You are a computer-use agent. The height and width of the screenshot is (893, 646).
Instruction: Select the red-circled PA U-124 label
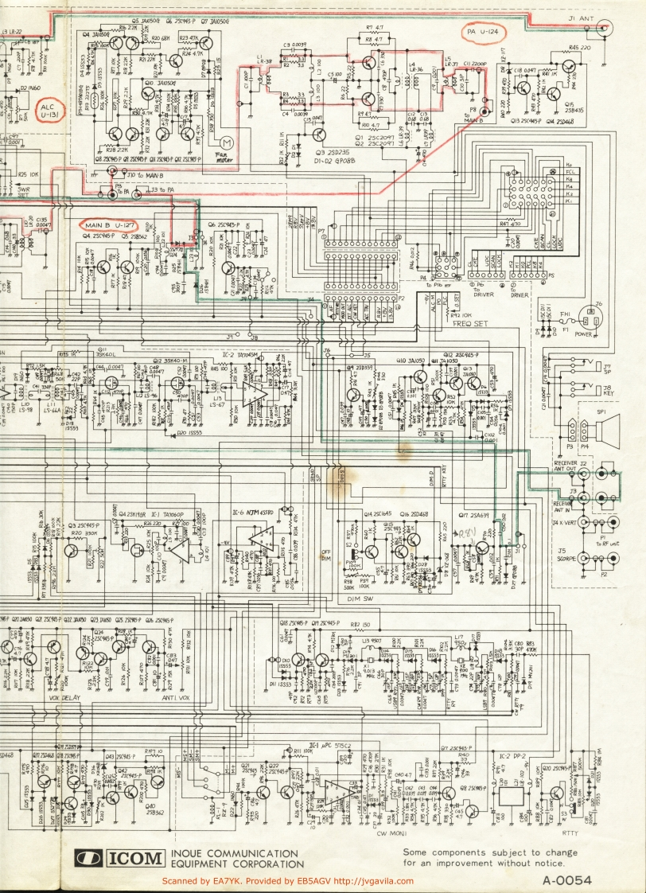(484, 32)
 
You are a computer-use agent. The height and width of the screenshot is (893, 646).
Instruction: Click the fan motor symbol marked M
(229, 142)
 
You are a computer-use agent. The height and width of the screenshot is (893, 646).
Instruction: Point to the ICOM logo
(119, 858)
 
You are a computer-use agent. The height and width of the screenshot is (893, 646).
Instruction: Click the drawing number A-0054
(569, 880)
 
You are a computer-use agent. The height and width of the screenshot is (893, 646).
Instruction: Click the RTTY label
(569, 833)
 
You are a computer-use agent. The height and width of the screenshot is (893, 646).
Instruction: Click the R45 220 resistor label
(578, 49)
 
